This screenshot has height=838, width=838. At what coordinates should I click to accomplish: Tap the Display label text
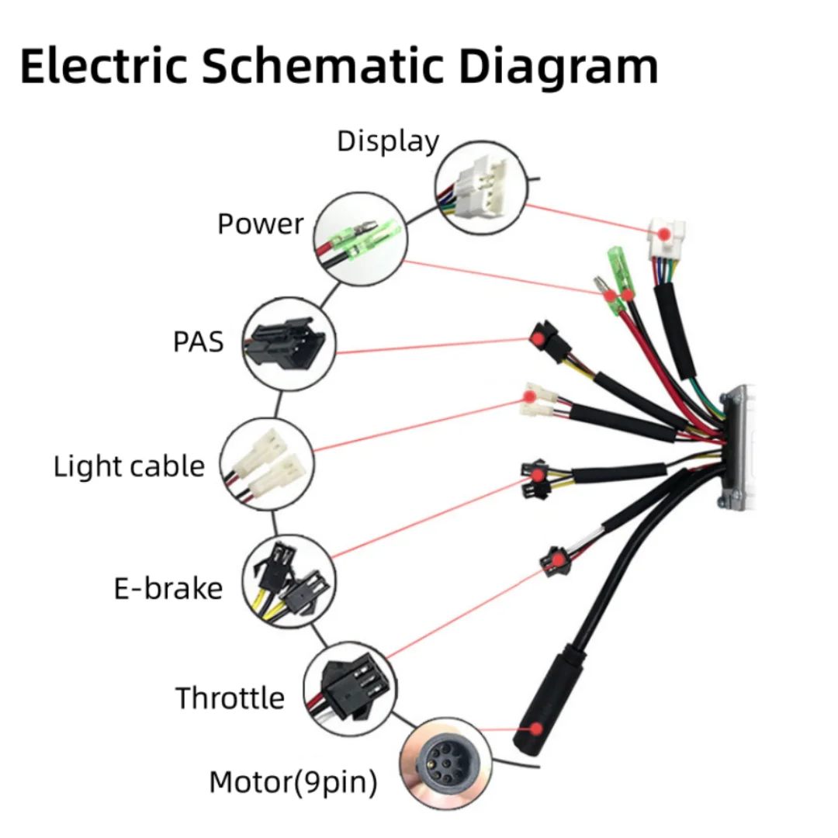[387, 141]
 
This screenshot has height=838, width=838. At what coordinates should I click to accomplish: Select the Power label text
[260, 223]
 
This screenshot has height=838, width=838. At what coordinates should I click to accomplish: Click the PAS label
[199, 341]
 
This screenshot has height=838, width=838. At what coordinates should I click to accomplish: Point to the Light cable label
[129, 466]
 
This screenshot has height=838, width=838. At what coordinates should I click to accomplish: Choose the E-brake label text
[168, 588]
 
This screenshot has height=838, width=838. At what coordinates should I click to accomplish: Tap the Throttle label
[230, 698]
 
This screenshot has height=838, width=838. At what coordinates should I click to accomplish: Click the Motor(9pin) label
[293, 783]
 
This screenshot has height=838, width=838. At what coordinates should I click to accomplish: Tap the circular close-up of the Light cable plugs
[268, 463]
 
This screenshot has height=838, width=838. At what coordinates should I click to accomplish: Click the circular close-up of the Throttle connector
[346, 686]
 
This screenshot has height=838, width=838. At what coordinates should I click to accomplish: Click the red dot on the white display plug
[663, 234]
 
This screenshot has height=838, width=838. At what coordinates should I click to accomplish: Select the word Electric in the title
[104, 66]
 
